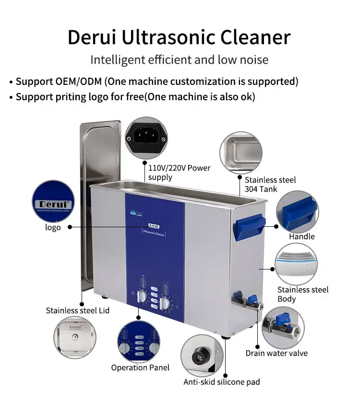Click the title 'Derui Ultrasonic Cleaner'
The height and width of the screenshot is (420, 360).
(179, 37)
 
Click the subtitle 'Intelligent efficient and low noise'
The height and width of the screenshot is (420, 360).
(179, 60)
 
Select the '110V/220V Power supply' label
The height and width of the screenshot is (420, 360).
(179, 173)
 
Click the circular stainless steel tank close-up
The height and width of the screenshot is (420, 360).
(240, 153)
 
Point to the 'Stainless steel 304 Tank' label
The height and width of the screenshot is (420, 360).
(270, 185)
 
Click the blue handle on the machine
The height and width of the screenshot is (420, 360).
(250, 226)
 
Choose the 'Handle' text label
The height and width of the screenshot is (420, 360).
(302, 236)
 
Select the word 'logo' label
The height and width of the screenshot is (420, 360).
(53, 227)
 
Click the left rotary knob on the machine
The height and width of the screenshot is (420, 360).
(143, 297)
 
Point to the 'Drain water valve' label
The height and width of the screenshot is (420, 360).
(276, 353)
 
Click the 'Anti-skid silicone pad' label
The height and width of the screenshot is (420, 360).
(222, 382)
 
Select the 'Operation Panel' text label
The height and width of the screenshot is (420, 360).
(140, 368)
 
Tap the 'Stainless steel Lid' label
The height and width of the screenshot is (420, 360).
(78, 311)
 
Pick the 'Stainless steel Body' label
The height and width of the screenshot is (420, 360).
(303, 294)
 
